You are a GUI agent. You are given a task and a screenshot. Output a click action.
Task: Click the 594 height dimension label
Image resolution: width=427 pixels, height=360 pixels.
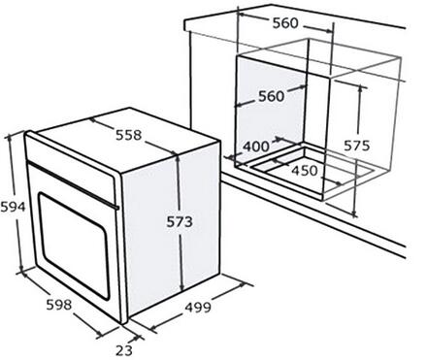13,207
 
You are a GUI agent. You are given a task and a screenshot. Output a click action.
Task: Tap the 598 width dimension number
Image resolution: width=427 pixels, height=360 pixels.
59,305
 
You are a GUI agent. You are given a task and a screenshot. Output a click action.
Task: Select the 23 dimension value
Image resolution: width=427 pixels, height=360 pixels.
124,350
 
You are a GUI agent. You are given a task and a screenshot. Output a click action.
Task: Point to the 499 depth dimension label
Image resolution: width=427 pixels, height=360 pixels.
198,308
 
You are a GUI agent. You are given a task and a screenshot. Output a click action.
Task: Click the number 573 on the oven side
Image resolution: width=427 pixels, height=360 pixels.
180,222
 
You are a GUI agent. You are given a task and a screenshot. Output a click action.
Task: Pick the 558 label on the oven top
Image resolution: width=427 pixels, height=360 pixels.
129,135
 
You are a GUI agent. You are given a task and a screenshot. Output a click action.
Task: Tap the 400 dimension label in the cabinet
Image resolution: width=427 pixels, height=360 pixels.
256,147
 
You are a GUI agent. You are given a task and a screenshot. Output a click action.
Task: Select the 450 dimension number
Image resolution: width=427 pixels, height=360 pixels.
305,171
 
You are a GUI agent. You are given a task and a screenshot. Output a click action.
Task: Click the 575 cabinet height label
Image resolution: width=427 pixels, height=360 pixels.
356,146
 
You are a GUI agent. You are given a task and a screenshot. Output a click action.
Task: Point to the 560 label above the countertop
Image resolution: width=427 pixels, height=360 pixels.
285,23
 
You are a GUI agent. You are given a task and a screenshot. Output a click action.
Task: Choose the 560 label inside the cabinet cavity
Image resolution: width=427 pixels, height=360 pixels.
272,96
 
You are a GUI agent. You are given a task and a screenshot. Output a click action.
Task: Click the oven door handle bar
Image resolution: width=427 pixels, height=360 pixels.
73,185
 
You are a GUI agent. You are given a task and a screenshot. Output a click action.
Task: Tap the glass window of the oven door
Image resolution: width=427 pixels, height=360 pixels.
74,245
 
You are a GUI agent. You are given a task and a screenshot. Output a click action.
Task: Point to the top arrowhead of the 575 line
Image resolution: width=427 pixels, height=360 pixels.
360,89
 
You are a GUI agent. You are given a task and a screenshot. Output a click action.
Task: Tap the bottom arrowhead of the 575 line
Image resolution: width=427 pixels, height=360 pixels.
354,213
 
